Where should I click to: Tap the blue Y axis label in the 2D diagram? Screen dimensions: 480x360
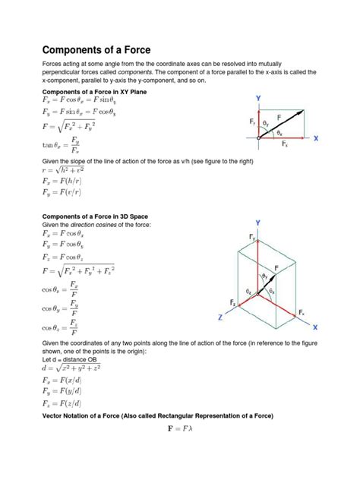[258, 99]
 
